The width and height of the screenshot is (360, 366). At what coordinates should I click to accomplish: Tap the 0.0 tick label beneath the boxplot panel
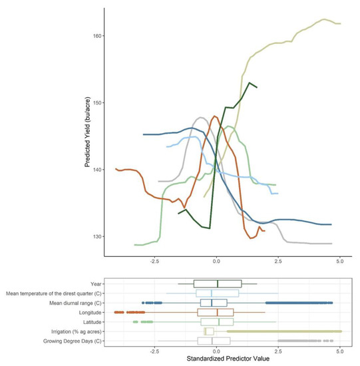216,349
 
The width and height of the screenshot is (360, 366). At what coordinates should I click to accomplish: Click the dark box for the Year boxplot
218,283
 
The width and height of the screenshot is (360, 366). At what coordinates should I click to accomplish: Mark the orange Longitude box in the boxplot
216,312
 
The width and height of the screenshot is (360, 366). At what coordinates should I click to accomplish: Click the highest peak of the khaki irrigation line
324,19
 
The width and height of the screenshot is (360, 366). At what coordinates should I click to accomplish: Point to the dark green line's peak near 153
249,83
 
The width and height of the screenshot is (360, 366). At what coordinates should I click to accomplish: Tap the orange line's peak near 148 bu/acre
214,116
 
